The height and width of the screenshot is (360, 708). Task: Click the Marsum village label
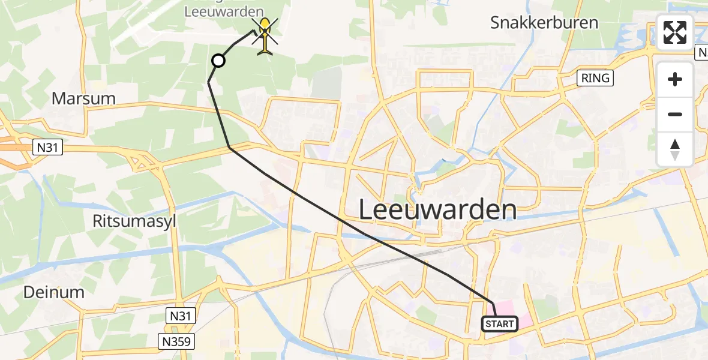pos(83,98)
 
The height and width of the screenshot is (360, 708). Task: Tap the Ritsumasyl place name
pos(134,221)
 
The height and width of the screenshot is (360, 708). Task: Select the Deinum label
pos(53,292)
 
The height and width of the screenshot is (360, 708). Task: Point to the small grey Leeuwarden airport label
pos(224,11)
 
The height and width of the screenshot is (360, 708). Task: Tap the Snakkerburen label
pos(544,23)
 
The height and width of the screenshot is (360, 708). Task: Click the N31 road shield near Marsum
pos(47,147)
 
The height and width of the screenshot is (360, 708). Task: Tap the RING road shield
pos(595,78)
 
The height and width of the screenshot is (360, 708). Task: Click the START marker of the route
pos(499,324)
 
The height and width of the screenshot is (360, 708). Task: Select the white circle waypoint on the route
pos(218,61)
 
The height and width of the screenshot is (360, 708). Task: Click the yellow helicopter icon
pos(265,36)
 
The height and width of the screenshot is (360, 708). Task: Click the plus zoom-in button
pos(675,79)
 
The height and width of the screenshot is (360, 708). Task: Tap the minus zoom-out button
pos(675,114)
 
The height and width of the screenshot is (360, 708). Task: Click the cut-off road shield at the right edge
pos(702,53)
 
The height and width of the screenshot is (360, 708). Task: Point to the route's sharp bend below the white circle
pos(209,82)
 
